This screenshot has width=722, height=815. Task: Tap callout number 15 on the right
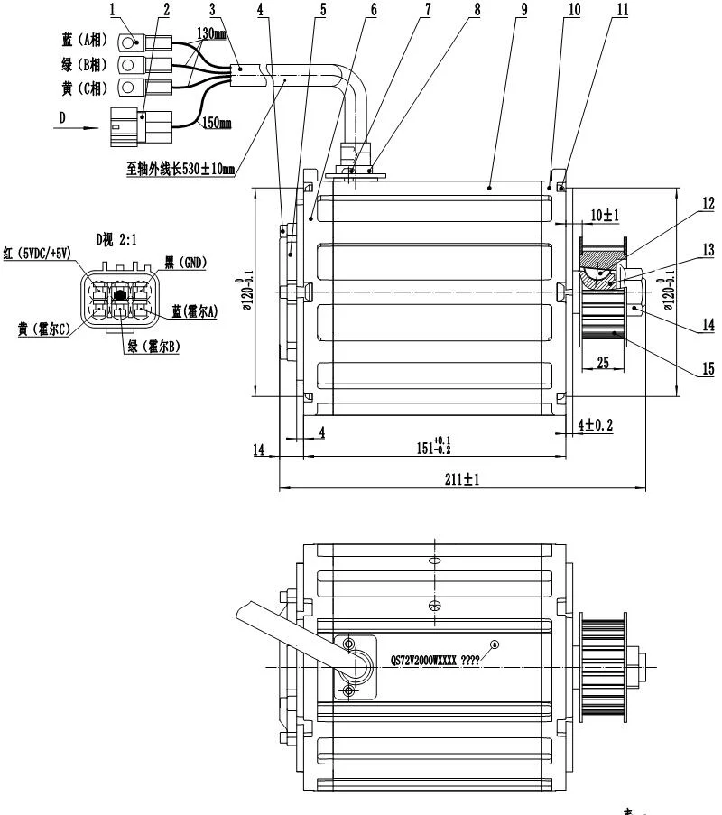click(x=707, y=368)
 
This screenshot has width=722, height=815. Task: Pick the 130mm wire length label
click(x=211, y=33)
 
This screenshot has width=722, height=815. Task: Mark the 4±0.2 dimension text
click(x=596, y=423)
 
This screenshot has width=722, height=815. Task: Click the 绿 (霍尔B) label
click(x=150, y=346)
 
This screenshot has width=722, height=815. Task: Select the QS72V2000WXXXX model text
click(x=422, y=660)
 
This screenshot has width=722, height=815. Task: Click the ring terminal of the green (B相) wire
click(x=128, y=64)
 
